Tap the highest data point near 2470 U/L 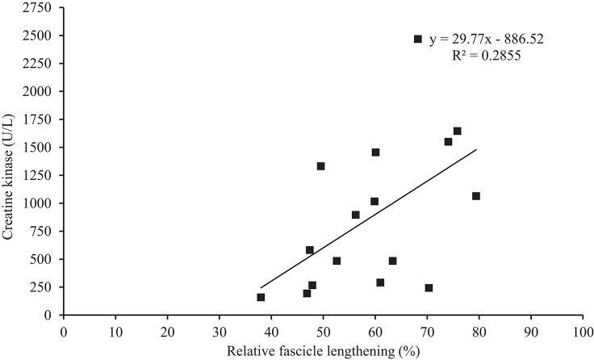tap(418, 39)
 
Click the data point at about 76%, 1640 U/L tap(457, 131)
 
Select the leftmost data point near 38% tap(261, 297)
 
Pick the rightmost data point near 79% tap(476, 196)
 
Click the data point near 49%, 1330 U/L tap(320, 166)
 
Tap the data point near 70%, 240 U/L tap(429, 288)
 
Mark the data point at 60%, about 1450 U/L tap(375, 153)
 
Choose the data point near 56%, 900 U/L tap(355, 215)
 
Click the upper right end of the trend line tap(476, 149)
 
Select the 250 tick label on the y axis tap(44, 287)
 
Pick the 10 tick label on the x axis tap(115, 331)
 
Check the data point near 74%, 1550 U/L tap(448, 142)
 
